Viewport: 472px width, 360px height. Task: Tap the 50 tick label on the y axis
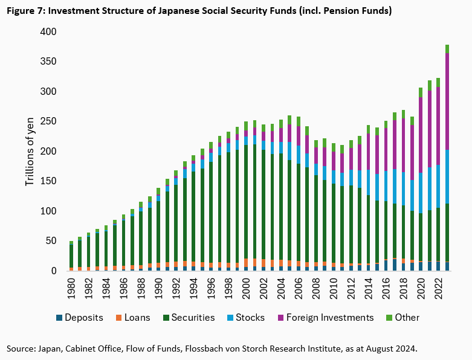tap(52, 241)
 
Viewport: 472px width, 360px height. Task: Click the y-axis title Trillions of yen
tap(30, 151)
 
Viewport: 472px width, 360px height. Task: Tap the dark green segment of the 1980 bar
tap(71, 256)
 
